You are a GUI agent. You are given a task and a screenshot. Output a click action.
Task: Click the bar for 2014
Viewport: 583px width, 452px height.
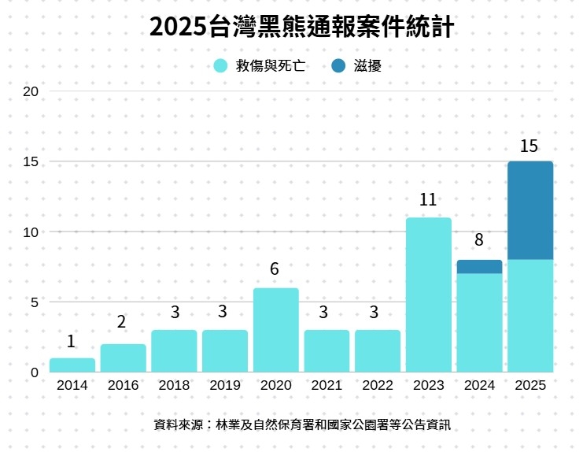pyautogui.click(x=72, y=365)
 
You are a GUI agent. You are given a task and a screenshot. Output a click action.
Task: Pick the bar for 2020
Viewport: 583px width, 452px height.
pyautogui.click(x=275, y=330)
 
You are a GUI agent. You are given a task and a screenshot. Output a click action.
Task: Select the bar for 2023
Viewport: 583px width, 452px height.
pyautogui.click(x=428, y=295)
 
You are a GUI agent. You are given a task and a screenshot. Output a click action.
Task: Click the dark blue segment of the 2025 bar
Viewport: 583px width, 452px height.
pyautogui.click(x=530, y=210)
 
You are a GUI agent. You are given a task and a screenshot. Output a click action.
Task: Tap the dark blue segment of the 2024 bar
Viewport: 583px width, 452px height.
pyautogui.click(x=479, y=267)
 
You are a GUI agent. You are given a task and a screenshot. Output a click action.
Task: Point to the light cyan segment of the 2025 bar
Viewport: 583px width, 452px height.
pyautogui.click(x=530, y=315)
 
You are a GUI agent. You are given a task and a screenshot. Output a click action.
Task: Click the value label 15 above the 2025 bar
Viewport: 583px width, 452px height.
pyautogui.click(x=529, y=146)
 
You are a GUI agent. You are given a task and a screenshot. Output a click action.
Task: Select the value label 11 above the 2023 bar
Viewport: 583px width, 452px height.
pyautogui.click(x=428, y=200)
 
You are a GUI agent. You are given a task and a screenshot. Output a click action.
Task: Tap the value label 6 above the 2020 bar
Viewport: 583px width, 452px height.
pyautogui.click(x=275, y=269)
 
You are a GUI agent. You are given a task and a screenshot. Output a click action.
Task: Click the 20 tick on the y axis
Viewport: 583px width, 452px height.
pyautogui.click(x=31, y=91)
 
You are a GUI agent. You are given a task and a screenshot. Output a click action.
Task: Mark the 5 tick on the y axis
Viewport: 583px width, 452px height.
pyautogui.click(x=34, y=302)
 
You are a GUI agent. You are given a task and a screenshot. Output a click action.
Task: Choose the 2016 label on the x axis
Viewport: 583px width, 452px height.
pyautogui.click(x=123, y=386)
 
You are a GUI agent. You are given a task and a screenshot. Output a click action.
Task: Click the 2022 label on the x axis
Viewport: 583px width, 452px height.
pyautogui.click(x=378, y=386)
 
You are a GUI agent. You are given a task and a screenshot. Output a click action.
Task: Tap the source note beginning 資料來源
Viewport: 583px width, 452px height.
pyautogui.click(x=302, y=424)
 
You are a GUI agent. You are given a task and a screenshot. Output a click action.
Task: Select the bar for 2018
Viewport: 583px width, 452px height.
pyautogui.click(x=174, y=351)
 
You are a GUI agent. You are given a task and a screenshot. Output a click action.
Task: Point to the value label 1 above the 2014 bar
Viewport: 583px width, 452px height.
pyautogui.click(x=71, y=342)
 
